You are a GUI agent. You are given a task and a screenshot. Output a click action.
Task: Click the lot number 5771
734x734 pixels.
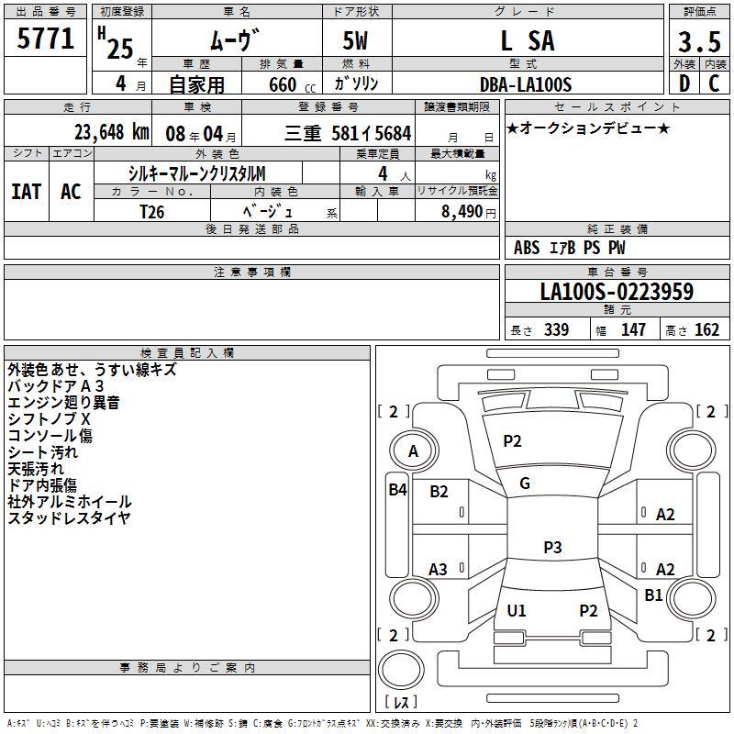click(46, 40)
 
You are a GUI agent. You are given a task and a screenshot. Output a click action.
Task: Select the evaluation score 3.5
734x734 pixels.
click(697, 42)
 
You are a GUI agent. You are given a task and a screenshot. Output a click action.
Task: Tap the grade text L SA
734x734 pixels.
click(527, 41)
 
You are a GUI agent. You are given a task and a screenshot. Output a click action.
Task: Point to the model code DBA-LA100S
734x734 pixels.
click(527, 84)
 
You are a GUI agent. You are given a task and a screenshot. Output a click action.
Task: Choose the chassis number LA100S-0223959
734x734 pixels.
click(617, 293)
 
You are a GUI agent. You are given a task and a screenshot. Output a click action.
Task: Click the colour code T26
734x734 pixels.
click(153, 211)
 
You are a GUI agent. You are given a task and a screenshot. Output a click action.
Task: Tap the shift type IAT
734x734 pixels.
click(26, 191)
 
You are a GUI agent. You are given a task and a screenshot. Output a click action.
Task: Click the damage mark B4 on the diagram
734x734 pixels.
click(397, 490)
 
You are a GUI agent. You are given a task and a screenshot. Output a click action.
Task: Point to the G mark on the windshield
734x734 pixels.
click(525, 484)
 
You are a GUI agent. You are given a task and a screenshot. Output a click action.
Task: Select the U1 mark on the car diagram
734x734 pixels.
click(517, 610)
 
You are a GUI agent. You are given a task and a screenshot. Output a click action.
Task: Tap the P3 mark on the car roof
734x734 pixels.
click(551, 548)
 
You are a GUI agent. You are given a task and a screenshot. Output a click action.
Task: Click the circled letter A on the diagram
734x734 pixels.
click(413, 450)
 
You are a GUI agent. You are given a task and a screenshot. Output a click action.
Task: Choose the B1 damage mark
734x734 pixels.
click(653, 595)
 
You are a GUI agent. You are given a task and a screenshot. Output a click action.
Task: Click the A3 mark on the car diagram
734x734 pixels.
click(439, 570)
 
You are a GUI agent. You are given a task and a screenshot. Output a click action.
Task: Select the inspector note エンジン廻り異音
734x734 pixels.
click(63, 403)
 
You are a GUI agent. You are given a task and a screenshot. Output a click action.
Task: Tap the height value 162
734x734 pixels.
click(706, 330)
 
